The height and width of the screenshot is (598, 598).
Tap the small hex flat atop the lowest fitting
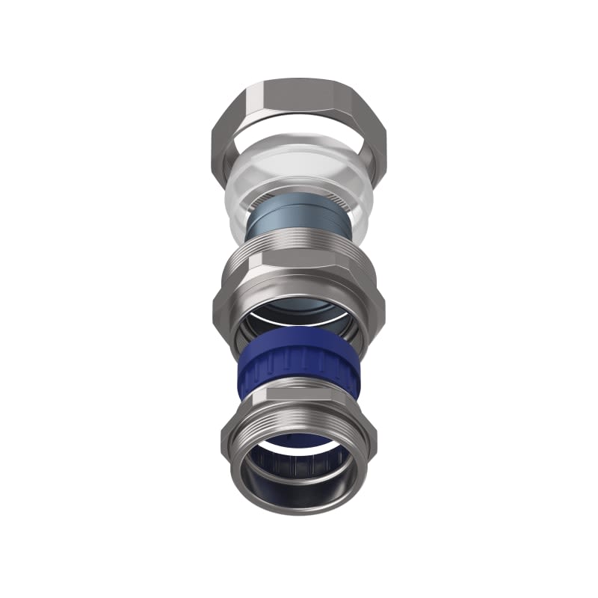pyautogui.click(x=299, y=395)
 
